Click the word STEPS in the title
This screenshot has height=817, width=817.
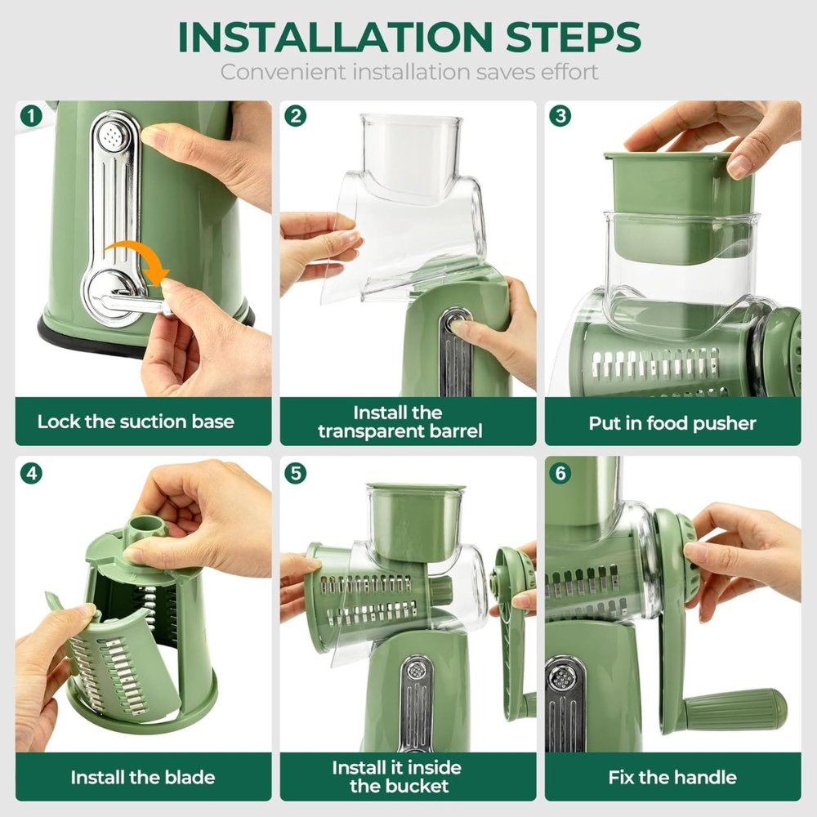tap(564, 37)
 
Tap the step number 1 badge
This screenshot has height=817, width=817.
tap(30, 116)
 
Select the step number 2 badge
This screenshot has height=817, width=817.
tap(295, 116)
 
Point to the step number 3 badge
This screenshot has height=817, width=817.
tap(560, 116)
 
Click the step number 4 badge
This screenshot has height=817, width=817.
tap(30, 472)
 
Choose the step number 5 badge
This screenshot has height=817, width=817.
tap(295, 472)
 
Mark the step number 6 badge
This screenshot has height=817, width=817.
tap(560, 472)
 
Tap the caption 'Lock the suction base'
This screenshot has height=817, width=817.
tap(136, 422)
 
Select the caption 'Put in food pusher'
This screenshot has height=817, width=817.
tap(672, 423)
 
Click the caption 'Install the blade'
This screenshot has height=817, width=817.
tap(143, 777)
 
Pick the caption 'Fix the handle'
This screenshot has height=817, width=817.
tap(672, 777)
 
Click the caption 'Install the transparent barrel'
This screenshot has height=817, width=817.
tap(400, 422)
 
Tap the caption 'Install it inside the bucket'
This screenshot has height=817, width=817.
tap(397, 777)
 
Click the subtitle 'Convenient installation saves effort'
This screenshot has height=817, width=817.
tap(408, 71)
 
